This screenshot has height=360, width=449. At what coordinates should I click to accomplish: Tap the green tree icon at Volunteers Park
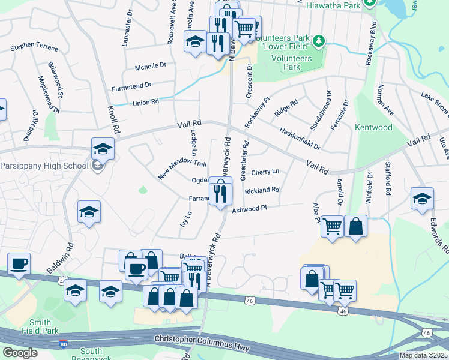(x=320, y=41)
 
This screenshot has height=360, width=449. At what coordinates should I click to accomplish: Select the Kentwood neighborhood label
(x=373, y=127)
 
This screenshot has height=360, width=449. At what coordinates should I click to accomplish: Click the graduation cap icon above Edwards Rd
(x=422, y=199)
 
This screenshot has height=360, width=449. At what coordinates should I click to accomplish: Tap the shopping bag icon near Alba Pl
(x=355, y=226)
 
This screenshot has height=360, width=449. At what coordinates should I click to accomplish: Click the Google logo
(x=20, y=353)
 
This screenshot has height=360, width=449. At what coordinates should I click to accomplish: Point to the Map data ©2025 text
(x=423, y=355)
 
